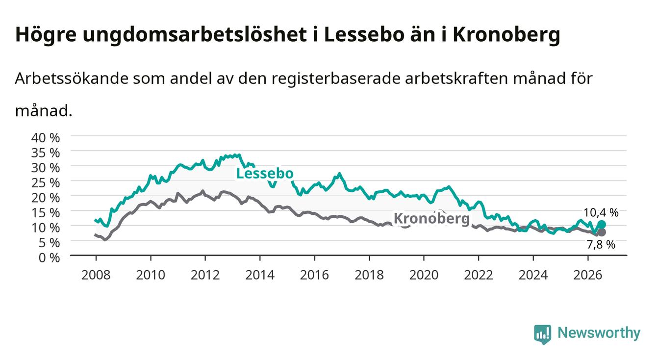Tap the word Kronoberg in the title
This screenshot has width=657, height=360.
pos(506,35)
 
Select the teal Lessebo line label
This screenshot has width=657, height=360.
pos(265,174)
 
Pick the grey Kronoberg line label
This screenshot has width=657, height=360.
pos(431,219)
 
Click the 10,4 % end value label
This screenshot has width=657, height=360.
pos(601,212)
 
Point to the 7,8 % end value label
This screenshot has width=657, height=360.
pos(601,244)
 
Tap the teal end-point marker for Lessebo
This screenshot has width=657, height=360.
pos(602,225)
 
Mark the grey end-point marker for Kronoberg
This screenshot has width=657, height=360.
pos(602,232)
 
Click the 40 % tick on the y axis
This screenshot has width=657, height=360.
pos(46,138)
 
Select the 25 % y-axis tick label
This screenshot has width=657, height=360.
pos(46,182)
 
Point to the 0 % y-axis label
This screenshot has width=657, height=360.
pos(49,257)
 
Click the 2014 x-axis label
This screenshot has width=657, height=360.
pos(260,275)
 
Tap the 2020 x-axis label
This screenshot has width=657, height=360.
pos(424,275)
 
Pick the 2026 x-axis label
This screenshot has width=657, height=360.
pos(588,275)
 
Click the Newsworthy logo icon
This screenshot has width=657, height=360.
pos(543,334)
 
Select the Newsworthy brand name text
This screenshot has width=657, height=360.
pos(599,333)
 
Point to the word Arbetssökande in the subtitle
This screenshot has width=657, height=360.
pos(72,78)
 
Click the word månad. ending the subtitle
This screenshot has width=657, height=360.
pos(44,111)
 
